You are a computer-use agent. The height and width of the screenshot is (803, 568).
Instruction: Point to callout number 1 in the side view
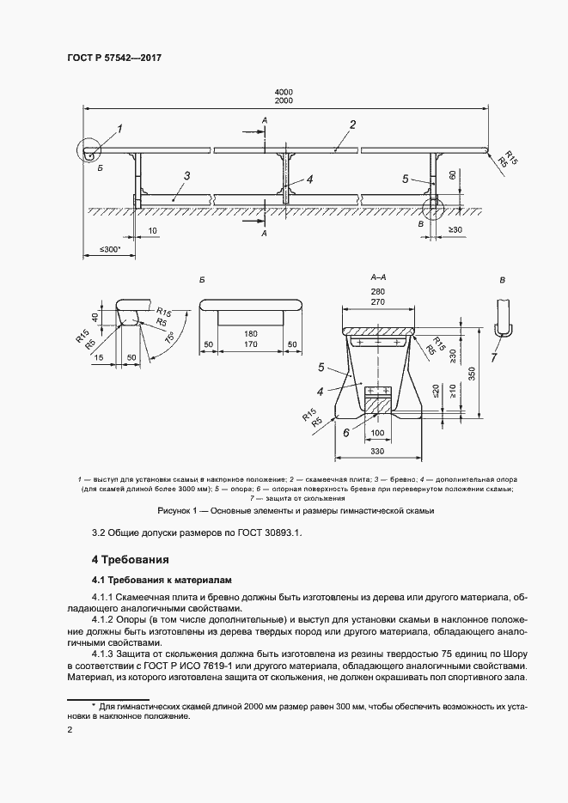(x=119, y=130)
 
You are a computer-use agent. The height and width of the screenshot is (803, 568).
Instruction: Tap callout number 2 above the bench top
(x=352, y=125)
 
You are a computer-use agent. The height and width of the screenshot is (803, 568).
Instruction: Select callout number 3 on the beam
(x=186, y=176)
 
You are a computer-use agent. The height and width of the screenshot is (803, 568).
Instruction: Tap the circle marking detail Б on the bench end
(x=89, y=151)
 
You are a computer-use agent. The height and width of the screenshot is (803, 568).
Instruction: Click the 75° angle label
(x=171, y=339)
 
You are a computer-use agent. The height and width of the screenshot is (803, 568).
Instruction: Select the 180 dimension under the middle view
(x=251, y=333)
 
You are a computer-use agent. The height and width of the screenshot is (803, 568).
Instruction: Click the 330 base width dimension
(x=378, y=451)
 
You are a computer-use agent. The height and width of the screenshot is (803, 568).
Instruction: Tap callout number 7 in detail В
(x=495, y=357)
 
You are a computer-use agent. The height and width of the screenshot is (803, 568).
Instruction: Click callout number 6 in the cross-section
(x=347, y=434)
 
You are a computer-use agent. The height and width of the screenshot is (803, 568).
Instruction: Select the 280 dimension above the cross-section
(x=378, y=292)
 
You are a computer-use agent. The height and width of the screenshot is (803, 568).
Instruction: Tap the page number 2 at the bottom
(x=70, y=731)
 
